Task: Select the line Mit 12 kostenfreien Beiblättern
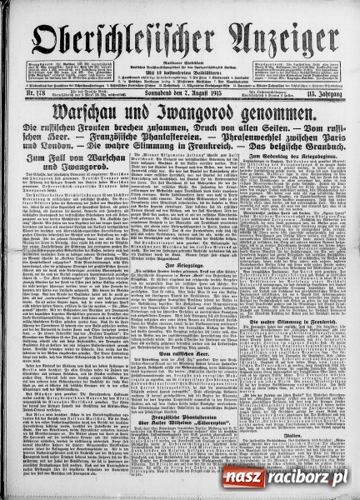pos(179,48)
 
